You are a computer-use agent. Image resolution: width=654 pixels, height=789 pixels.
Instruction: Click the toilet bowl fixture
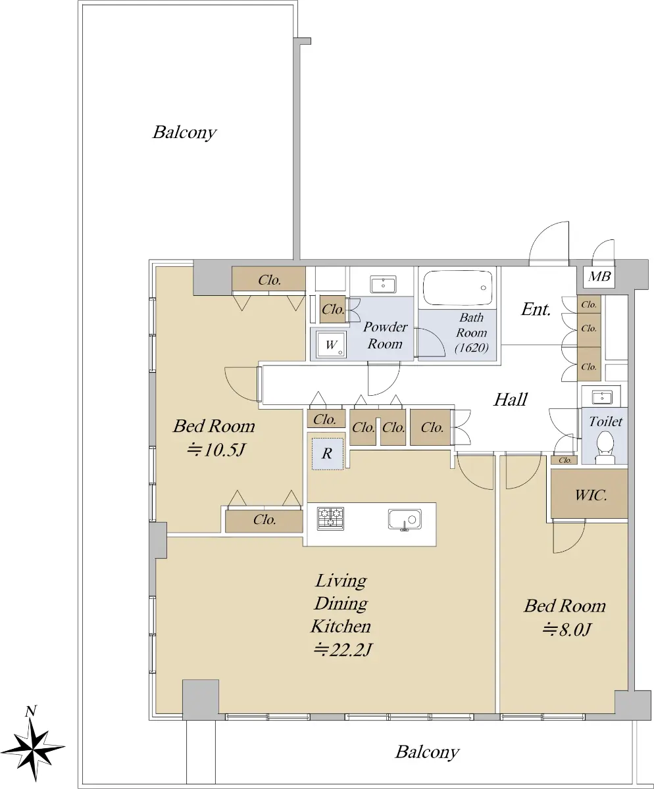coord(605,447)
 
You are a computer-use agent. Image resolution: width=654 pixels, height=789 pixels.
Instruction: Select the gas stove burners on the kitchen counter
coord(330,519)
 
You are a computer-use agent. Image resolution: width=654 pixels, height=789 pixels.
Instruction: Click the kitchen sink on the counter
coord(405,519)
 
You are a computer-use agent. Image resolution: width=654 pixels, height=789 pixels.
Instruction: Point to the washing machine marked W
coord(332,345)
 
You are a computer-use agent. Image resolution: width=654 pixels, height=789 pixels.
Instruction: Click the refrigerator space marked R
coord(328,454)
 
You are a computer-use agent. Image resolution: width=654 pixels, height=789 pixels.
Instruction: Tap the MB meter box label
coord(599,277)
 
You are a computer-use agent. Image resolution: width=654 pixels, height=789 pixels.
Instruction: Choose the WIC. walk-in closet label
coord(591,495)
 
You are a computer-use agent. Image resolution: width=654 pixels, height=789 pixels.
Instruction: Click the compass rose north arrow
coord(35,747)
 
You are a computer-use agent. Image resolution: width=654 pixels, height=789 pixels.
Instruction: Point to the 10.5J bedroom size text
coord(216,450)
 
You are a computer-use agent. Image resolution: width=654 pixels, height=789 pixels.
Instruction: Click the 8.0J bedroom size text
coord(566,629)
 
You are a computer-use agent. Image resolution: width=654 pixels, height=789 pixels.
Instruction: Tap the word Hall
coord(511,399)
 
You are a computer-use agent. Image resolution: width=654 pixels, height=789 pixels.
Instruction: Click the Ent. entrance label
coord(536,310)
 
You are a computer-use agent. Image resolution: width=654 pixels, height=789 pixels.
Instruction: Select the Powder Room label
coord(385,335)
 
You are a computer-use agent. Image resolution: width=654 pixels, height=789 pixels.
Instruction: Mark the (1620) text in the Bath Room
coord(471,348)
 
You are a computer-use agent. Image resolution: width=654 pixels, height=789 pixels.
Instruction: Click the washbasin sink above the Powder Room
coord(383,284)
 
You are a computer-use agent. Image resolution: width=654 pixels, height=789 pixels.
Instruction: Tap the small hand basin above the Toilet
coord(601,397)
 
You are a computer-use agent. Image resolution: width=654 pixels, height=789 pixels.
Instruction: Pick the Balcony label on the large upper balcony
coord(185,133)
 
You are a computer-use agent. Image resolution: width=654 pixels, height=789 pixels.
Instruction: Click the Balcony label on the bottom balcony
coord(428,752)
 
